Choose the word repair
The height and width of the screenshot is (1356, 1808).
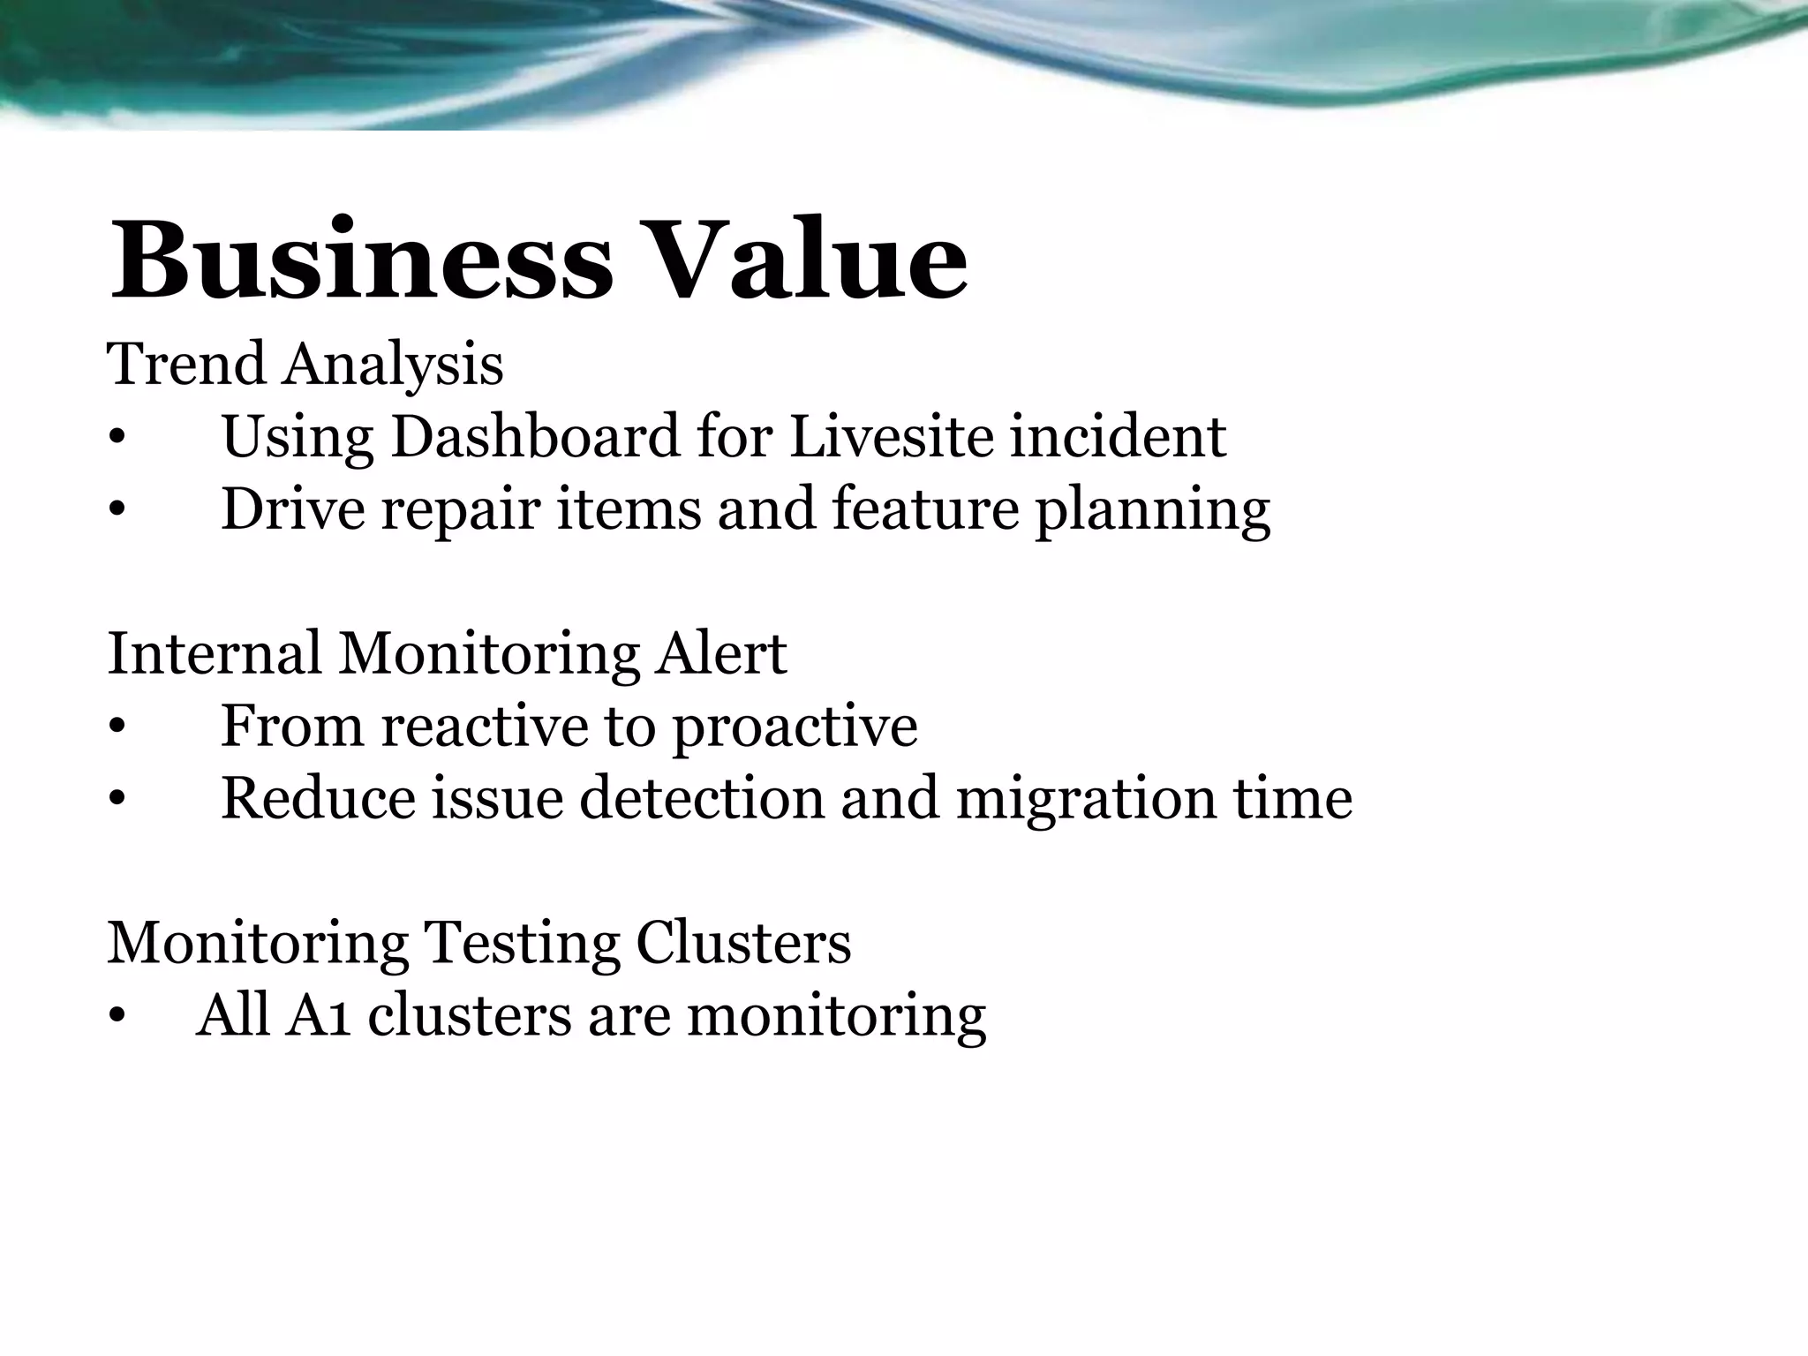[460, 510]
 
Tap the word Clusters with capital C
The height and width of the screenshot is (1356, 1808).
[743, 943]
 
